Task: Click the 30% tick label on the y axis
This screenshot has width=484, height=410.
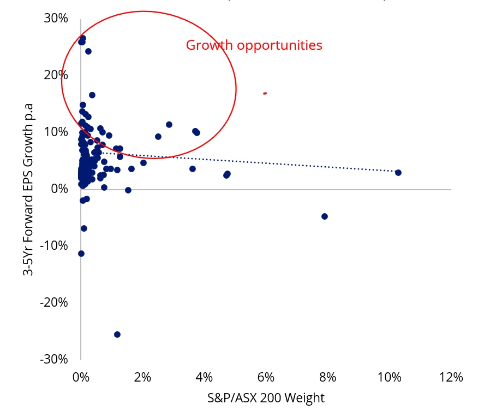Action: click(56, 18)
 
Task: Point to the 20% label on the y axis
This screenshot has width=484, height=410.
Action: click(56, 75)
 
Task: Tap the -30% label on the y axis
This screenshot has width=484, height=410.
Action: click(54, 359)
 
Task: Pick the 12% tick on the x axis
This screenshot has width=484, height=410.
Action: click(451, 378)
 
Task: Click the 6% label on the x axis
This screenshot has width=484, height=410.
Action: click(265, 378)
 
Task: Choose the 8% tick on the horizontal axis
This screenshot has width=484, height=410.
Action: click(327, 378)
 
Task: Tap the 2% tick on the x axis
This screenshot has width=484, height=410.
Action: click(142, 378)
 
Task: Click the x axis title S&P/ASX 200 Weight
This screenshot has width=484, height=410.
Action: click(266, 398)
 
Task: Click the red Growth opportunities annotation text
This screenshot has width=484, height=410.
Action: click(254, 45)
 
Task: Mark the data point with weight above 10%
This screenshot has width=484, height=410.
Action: click(398, 173)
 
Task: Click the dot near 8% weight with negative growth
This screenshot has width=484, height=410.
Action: click(325, 216)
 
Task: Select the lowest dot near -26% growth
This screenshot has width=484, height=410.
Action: click(117, 335)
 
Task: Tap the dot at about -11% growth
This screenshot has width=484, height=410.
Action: click(81, 254)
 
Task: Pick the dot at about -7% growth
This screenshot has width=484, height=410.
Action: click(84, 229)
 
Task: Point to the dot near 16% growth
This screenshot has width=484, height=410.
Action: click(92, 95)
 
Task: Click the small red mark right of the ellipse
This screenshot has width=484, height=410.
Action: click(265, 93)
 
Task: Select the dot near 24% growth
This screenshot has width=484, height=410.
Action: click(88, 51)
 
